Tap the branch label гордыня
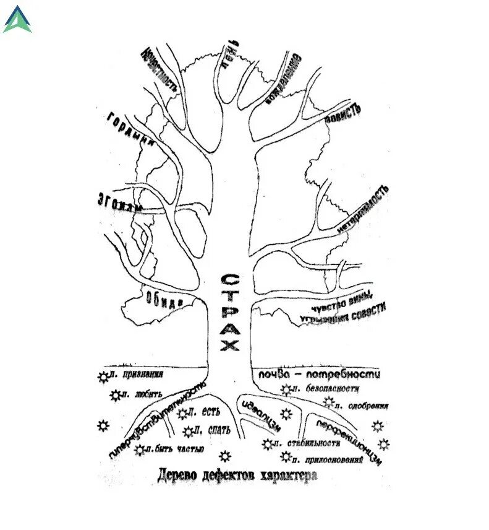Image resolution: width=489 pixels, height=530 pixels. pyautogui.click(x=130, y=128)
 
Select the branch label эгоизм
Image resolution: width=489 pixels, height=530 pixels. pyautogui.click(x=120, y=202)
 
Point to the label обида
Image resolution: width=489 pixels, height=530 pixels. pyautogui.click(x=164, y=299)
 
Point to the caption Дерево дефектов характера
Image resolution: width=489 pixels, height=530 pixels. pyautogui.click(x=237, y=476)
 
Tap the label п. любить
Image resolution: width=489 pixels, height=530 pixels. pyautogui.click(x=141, y=394)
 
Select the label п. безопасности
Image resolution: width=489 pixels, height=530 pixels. pyautogui.click(x=327, y=389)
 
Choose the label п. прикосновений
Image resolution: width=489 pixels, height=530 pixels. pyautogui.click(x=328, y=459)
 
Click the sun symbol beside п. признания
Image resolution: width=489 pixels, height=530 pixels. pyautogui.click(x=102, y=376)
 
